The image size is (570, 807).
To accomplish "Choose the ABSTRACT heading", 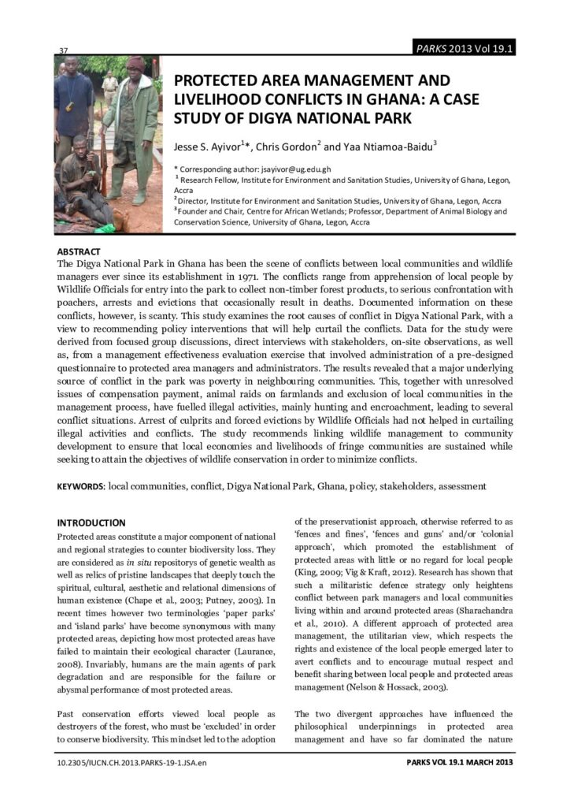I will tap(79, 251).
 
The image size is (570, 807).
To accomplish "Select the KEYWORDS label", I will tap(81, 487).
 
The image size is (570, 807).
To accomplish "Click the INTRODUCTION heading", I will tap(91, 523).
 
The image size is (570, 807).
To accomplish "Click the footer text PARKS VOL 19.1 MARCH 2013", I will tap(461, 764).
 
